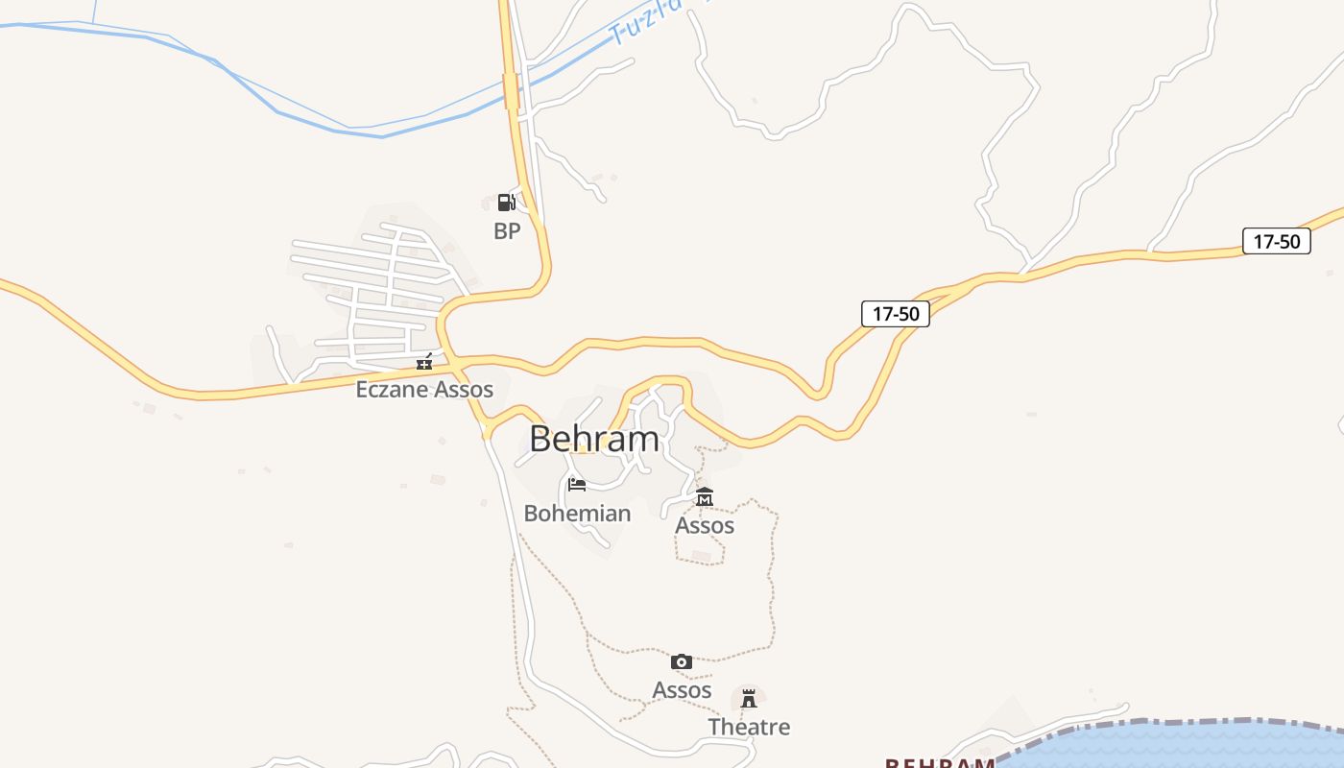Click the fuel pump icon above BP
click(x=506, y=202)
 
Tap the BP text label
click(x=507, y=230)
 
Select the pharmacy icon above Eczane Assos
click(x=424, y=362)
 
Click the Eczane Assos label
click(x=424, y=389)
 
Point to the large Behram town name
click(x=594, y=439)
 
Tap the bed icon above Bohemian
click(x=577, y=484)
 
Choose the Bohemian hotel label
click(x=577, y=513)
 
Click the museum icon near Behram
click(x=705, y=496)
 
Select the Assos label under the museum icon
click(x=705, y=525)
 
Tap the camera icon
click(x=682, y=661)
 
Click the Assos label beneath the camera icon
click(x=682, y=689)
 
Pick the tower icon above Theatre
click(x=749, y=698)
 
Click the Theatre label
click(x=749, y=727)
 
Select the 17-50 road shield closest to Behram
click(x=896, y=313)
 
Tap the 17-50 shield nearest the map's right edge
click(x=1277, y=241)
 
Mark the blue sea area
click(x=1200, y=749)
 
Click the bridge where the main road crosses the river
click(x=511, y=91)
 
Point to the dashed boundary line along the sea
click(x=1152, y=722)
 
